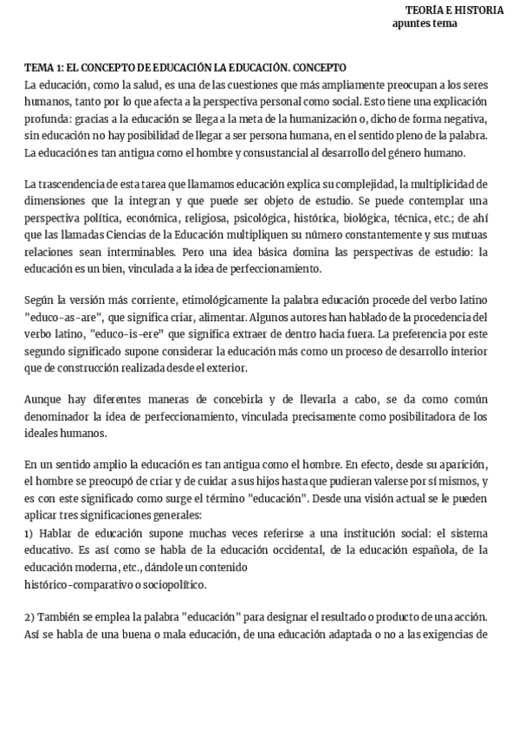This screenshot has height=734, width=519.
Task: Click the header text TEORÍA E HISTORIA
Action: pyautogui.click(x=454, y=10)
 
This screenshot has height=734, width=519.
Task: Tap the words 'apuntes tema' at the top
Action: pyautogui.click(x=425, y=23)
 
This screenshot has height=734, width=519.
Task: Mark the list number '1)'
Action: pyautogui.click(x=29, y=532)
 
